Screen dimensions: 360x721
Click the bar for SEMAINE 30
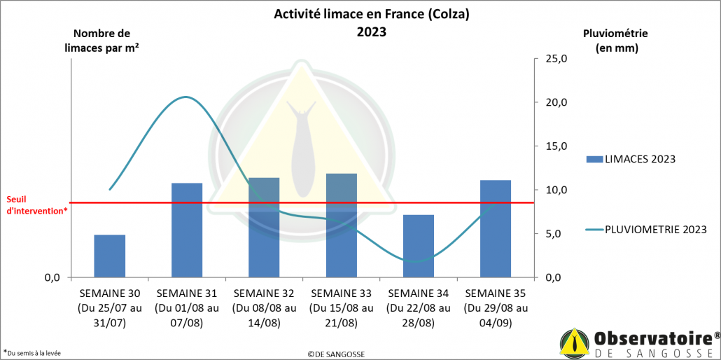point(110,256)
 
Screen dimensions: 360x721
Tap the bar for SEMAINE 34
point(419,246)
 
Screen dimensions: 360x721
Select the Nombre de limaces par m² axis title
point(101,41)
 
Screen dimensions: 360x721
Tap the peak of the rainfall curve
point(185,97)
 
